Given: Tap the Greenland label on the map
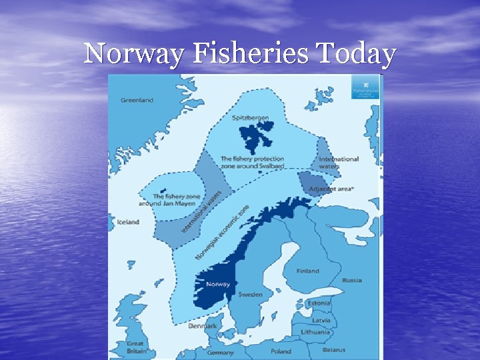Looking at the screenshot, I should pos(137,100).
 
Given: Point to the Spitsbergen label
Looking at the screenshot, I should pos(251,118).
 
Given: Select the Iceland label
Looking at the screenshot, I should pos(129,222).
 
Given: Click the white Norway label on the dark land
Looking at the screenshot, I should pos(218,284).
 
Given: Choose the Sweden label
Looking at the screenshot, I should pos(250,294).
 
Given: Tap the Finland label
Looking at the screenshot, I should pos(308,271).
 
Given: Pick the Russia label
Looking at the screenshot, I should pos(352,280).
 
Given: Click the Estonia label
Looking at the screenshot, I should pos(318,303).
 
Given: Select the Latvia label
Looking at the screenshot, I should pos(320,320).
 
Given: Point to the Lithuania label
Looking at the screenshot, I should pos(315,332).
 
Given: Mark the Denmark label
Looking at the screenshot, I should pos(202,327).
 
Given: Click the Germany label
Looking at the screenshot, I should pos(220,352).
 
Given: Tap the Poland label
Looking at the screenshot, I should pos(281,351).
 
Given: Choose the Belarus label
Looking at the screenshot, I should pos(333,350).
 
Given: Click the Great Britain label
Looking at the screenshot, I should pos(135,347).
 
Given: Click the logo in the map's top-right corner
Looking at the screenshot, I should pos(366,87).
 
